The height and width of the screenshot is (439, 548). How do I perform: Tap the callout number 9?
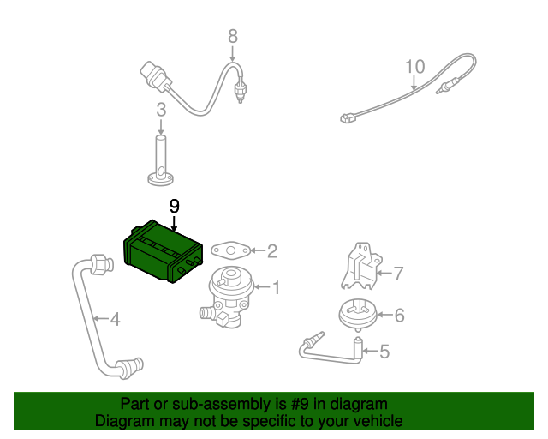174,207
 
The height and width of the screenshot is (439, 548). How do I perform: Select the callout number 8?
232,36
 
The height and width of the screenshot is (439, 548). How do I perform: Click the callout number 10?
414,66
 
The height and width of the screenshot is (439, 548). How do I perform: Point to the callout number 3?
160,110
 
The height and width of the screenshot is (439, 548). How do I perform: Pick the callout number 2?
272,251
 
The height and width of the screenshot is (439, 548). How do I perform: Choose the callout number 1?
276,286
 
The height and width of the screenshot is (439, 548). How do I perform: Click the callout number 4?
115,320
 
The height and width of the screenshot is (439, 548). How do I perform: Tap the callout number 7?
397,274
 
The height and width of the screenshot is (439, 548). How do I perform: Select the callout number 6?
398,315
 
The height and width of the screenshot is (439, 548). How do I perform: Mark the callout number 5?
384,351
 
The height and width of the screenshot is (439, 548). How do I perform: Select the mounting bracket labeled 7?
359,268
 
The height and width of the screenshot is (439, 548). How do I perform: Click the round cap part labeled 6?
358,314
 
